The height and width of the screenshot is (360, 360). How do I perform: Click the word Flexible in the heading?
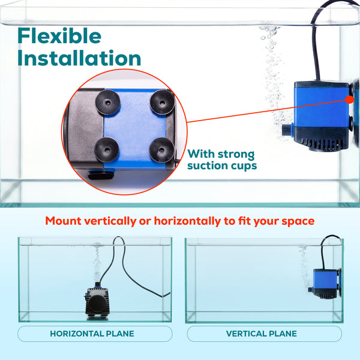[59, 35]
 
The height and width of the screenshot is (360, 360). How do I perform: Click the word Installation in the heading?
[79, 58]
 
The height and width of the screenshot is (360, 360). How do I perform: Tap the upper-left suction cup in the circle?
[107, 102]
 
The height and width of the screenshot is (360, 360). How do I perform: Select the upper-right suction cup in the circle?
[163, 102]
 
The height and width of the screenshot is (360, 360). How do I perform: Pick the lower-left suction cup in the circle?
[107, 149]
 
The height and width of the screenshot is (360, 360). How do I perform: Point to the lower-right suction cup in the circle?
[161, 150]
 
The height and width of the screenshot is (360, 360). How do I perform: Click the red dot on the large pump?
[350, 100]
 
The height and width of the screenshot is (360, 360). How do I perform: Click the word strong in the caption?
[236, 154]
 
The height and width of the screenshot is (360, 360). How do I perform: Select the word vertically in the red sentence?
[110, 221]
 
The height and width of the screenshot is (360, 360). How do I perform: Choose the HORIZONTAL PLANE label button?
[95, 334]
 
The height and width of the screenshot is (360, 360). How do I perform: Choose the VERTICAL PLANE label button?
[264, 334]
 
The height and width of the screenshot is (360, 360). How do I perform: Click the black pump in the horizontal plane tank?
[97, 302]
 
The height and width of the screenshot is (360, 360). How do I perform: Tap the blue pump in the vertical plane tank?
[325, 284]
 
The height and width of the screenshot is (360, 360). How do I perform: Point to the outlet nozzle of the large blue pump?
[287, 130]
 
